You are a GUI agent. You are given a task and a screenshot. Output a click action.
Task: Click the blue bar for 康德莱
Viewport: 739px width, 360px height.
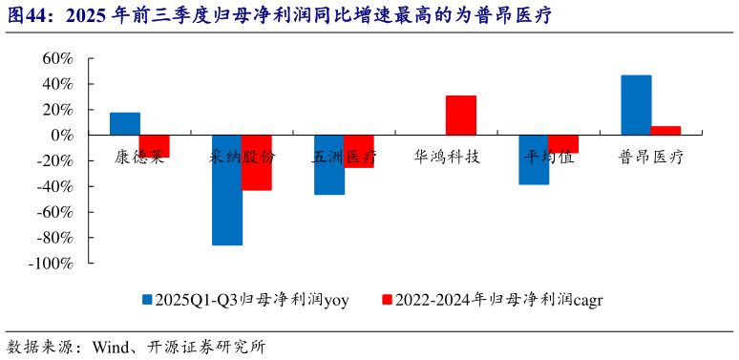125,124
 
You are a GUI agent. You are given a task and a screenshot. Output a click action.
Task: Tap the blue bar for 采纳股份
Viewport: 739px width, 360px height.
227,190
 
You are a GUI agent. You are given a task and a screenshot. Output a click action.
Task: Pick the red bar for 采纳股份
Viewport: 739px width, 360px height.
257,162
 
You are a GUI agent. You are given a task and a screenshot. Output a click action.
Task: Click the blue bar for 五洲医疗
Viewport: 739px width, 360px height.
329,164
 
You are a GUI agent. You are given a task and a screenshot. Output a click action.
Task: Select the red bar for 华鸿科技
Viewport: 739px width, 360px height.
461,116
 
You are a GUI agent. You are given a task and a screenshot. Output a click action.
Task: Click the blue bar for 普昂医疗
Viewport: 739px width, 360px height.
636,105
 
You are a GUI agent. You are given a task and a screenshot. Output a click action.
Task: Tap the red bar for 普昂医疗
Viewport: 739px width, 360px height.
665,131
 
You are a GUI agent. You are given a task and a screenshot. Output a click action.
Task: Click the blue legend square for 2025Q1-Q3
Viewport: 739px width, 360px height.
148,299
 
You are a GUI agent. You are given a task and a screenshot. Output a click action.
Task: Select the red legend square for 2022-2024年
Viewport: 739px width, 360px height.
387,299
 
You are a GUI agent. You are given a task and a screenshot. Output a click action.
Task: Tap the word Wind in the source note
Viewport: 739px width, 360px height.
111,346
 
